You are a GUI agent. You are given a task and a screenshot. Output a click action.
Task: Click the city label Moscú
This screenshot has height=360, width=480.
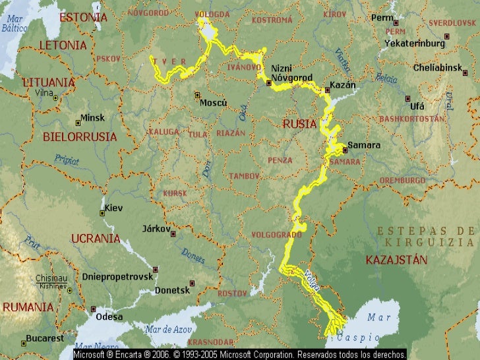click(x=213, y=103)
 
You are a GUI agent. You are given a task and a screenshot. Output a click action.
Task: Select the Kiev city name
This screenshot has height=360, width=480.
click(x=113, y=208)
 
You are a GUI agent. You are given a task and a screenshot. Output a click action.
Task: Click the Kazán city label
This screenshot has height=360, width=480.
click(x=343, y=85)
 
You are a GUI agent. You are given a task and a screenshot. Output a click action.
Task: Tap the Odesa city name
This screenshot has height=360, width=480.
click(x=109, y=316)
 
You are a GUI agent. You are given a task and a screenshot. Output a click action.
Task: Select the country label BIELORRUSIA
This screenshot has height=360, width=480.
click(x=80, y=137)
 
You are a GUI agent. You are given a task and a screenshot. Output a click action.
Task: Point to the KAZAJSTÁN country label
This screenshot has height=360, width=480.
click(x=396, y=260)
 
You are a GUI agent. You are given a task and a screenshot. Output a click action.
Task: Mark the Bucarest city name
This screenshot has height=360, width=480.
click(x=45, y=339)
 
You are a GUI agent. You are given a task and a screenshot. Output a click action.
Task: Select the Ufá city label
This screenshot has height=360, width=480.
click(x=417, y=105)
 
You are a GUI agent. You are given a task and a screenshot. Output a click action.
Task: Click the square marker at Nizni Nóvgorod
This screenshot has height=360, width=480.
click(x=269, y=83)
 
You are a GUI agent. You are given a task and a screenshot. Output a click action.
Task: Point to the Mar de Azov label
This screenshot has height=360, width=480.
click(x=168, y=329)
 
